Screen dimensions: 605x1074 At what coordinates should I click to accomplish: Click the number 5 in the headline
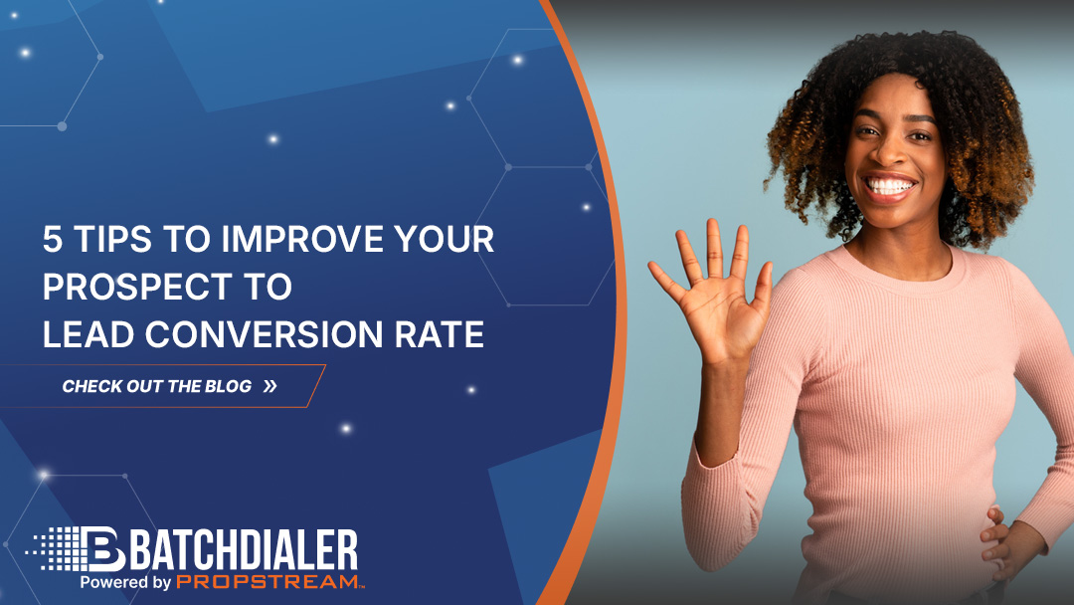pos(52,240)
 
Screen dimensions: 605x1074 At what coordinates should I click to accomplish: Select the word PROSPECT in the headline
pos(138,288)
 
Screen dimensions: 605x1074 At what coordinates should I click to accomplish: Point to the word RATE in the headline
pos(444,335)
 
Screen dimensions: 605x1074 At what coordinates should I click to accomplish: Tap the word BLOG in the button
pos(229,386)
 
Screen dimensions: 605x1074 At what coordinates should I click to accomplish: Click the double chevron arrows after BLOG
pos(270,386)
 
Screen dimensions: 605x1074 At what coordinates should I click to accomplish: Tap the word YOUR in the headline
pos(444,240)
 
